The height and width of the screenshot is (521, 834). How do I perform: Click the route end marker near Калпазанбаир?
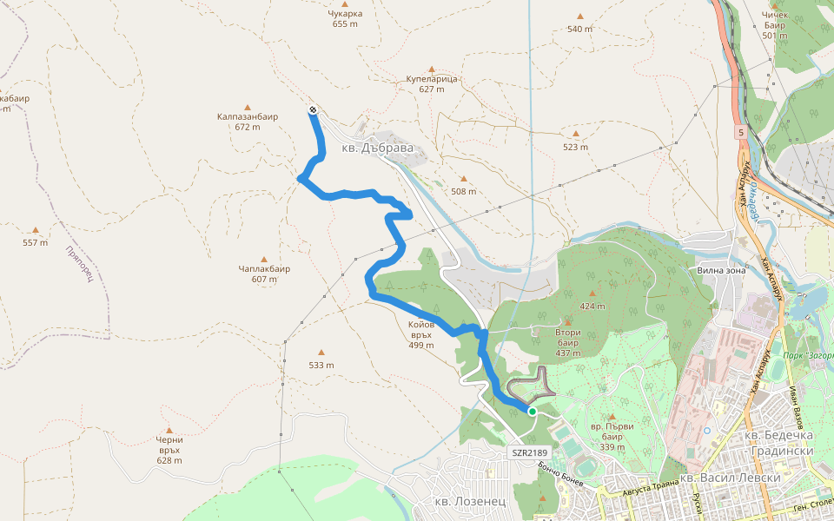point(312,110)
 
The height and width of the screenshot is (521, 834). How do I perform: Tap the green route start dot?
point(532,412)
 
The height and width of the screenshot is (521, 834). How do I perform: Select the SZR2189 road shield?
point(528,452)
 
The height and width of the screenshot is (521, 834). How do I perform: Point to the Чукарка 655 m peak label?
point(345,18)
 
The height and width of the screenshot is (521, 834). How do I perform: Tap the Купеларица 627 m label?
point(431,83)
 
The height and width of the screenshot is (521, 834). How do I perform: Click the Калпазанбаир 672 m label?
point(248,121)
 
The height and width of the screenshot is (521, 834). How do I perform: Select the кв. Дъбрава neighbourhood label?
point(375,149)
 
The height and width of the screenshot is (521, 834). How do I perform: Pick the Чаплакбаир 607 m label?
point(264,274)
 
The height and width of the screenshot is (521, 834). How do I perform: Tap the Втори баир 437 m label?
point(567,342)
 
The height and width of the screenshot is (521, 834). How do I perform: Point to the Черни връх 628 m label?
point(169,449)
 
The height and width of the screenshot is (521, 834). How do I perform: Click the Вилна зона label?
point(722,270)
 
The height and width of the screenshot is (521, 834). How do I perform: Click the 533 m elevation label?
point(321,365)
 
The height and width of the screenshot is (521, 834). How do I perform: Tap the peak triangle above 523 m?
point(576,134)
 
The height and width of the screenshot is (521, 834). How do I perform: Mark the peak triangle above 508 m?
point(464,179)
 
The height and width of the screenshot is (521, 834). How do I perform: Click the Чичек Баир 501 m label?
point(774,25)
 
